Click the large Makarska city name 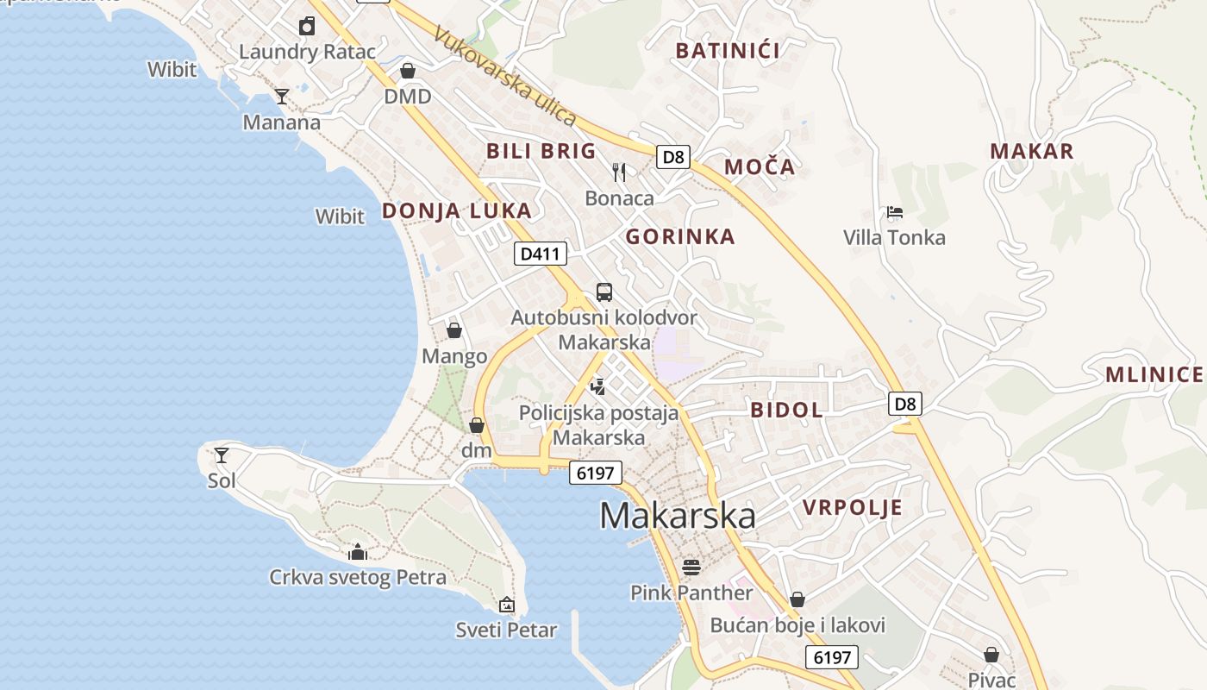pyautogui.click(x=678, y=516)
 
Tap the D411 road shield pyautogui.click(x=541, y=254)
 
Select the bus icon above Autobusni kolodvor pyautogui.click(x=604, y=292)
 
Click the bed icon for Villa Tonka pyautogui.click(x=894, y=212)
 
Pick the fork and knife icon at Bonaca pyautogui.click(x=619, y=172)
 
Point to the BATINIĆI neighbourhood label pyautogui.click(x=728, y=51)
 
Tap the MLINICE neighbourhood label pyautogui.click(x=1154, y=374)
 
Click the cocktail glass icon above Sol pyautogui.click(x=222, y=455)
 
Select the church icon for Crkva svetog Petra pyautogui.click(x=357, y=552)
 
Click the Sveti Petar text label pyautogui.click(x=506, y=630)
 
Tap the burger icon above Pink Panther pyautogui.click(x=691, y=567)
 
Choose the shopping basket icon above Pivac pyautogui.click(x=991, y=655)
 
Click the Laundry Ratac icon pyautogui.click(x=307, y=26)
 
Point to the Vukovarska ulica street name pyautogui.click(x=504, y=75)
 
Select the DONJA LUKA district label pyautogui.click(x=456, y=210)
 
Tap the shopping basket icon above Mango pyautogui.click(x=454, y=330)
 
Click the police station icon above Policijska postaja pyautogui.click(x=597, y=386)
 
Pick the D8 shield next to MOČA pyautogui.click(x=674, y=157)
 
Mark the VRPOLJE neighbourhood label pyautogui.click(x=853, y=507)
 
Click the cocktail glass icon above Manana pyautogui.click(x=281, y=96)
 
